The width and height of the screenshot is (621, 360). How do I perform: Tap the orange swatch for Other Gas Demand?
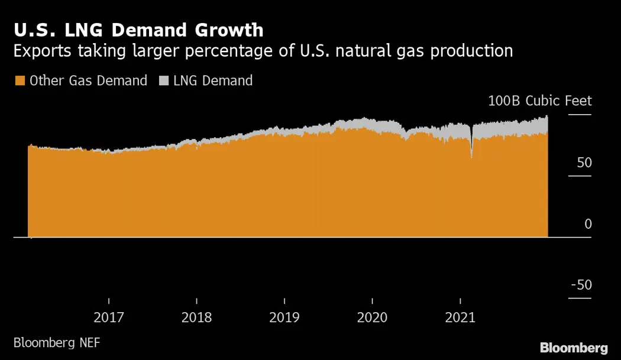tap(20, 81)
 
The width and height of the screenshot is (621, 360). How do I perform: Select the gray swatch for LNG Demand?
tap(163, 81)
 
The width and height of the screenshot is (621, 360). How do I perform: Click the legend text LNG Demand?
tap(213, 81)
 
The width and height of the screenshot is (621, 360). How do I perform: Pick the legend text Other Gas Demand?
tap(88, 81)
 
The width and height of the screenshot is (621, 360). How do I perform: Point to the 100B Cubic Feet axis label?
tap(539, 101)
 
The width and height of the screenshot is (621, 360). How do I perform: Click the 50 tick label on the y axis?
tap(584, 163)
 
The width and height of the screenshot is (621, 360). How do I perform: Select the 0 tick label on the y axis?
tap(588, 224)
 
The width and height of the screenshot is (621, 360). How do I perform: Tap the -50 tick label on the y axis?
tap(581, 285)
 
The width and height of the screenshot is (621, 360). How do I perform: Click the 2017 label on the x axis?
tap(109, 317)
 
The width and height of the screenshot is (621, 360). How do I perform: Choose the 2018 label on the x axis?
tap(196, 317)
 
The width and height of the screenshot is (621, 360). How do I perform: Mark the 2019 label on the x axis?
tap(284, 317)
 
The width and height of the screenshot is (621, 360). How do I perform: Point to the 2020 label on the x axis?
tap(372, 317)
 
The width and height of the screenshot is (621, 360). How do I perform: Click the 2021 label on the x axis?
tap(460, 317)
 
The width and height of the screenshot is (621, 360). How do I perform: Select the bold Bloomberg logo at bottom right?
tap(574, 347)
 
